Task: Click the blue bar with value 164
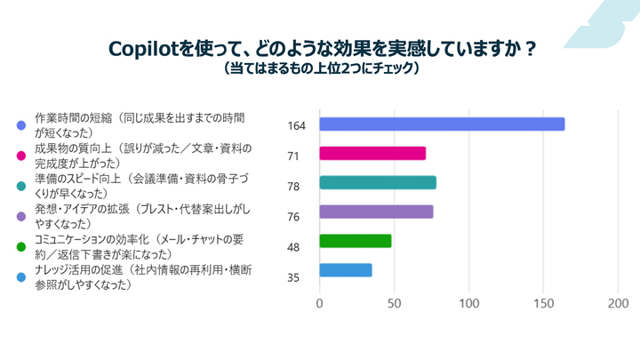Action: pos(442,124)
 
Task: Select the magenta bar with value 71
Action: pos(372,153)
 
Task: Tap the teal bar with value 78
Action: pos(377,182)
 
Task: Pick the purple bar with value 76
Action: pos(375,212)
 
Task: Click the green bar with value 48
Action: pos(355,241)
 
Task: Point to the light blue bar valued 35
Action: pos(345,270)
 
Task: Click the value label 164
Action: pos(297,125)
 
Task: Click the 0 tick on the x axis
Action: pos(319,303)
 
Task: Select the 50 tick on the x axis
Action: pos(394,303)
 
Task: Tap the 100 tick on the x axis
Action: pos(468,303)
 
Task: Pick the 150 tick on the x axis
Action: pos(543,303)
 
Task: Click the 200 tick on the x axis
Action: pos(618,303)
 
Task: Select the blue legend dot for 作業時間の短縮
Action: pos(21,125)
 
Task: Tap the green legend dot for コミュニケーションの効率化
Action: pos(21,246)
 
